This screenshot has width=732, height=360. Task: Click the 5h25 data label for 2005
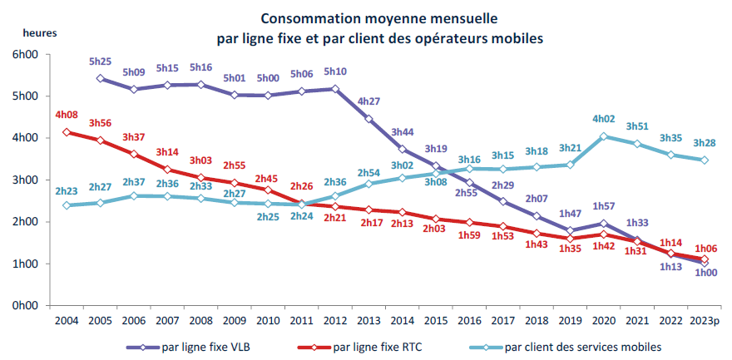point(100,62)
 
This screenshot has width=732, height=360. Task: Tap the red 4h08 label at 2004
point(66,115)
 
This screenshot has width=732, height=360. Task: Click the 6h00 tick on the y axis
point(26,55)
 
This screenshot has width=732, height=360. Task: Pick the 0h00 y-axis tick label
point(26,306)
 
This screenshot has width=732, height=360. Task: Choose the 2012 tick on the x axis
point(335,319)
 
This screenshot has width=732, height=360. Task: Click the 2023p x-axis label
point(705,319)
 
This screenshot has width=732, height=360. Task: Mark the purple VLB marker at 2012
point(335,89)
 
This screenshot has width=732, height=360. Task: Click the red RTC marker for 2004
point(66,132)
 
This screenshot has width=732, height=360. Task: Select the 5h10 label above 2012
point(335,72)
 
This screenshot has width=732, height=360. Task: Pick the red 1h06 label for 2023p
point(705,247)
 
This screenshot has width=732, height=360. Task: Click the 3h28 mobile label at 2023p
point(705,144)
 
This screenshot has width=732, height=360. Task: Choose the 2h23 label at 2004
point(66,190)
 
